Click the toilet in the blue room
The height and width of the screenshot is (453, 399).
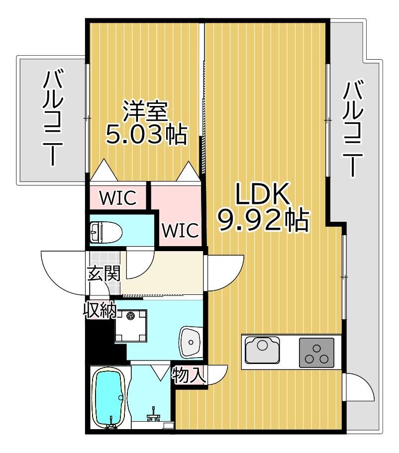click(106, 232)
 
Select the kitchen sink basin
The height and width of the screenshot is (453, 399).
click(263, 351)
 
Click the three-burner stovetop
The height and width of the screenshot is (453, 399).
click(316, 353)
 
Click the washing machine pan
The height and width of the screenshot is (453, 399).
click(131, 326)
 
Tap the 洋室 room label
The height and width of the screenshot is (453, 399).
click(145, 111)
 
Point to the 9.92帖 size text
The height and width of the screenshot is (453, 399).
click(263, 220)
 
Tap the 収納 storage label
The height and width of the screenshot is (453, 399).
click(100, 310)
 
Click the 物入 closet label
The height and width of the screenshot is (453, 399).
click(189, 375)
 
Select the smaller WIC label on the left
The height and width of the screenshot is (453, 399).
click(118, 198)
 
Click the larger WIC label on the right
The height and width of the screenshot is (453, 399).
click(180, 230)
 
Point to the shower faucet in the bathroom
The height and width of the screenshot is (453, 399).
click(154, 414)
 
